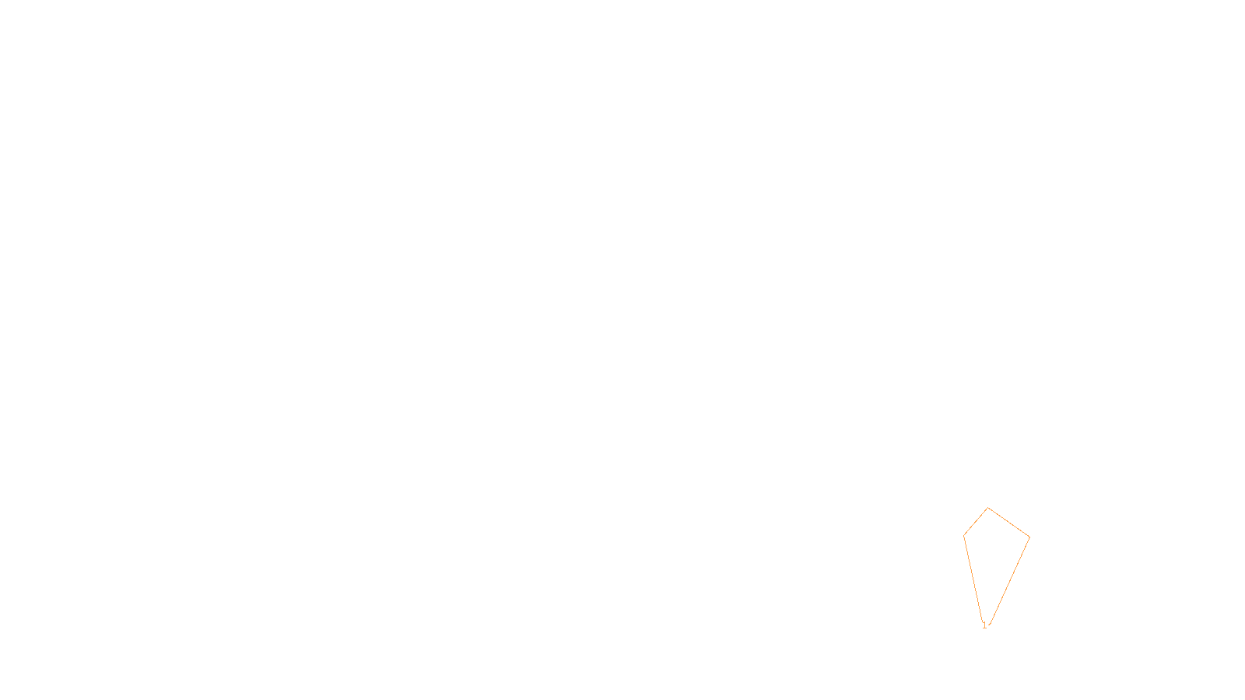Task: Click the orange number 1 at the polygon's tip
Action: coord(984,625)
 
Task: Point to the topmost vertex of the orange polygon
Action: coord(988,508)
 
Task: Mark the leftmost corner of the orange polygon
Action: coord(964,535)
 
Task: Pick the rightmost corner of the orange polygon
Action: coord(1029,537)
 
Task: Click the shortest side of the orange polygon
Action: coord(976,522)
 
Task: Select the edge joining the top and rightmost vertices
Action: coord(1009,523)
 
